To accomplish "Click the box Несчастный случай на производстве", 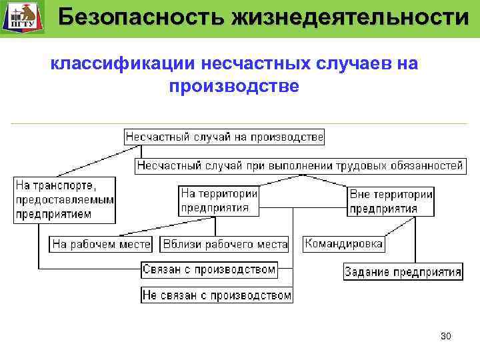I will pos(224,137).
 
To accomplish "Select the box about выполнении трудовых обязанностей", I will pos(300,165).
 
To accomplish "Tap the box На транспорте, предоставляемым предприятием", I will pos(65,199).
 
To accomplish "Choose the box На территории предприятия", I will pos(219,200).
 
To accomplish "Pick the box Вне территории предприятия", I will pos(391,201).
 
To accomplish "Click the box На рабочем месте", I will pos(101,244).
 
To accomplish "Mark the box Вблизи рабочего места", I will pos(225,244).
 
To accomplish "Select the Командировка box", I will pos(343,243).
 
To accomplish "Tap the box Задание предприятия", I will pos(403,272).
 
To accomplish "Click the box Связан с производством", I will pos(209,269).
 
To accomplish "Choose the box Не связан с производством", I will pos(217,295).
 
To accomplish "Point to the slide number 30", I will pos(445,336).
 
